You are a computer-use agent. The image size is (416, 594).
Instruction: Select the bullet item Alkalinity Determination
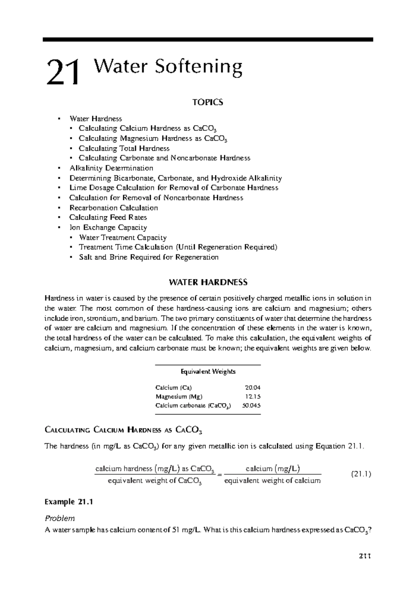click(x=111, y=168)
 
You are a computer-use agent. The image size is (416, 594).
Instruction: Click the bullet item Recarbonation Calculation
click(x=113, y=208)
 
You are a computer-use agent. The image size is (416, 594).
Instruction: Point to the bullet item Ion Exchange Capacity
click(x=108, y=228)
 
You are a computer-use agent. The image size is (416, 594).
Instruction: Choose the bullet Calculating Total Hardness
click(x=124, y=148)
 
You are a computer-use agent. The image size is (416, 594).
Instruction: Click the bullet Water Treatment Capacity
click(x=123, y=238)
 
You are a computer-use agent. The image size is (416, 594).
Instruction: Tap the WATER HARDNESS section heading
click(x=208, y=282)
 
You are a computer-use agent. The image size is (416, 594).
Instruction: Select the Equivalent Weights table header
click(x=208, y=372)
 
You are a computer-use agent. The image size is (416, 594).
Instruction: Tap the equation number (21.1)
click(x=361, y=474)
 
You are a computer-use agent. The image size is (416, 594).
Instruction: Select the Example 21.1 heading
click(x=69, y=502)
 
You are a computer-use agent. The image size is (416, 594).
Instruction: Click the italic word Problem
click(x=60, y=518)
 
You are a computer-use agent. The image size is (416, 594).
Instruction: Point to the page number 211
click(x=365, y=566)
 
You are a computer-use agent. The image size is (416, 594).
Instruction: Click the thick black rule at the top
click(x=208, y=40)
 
